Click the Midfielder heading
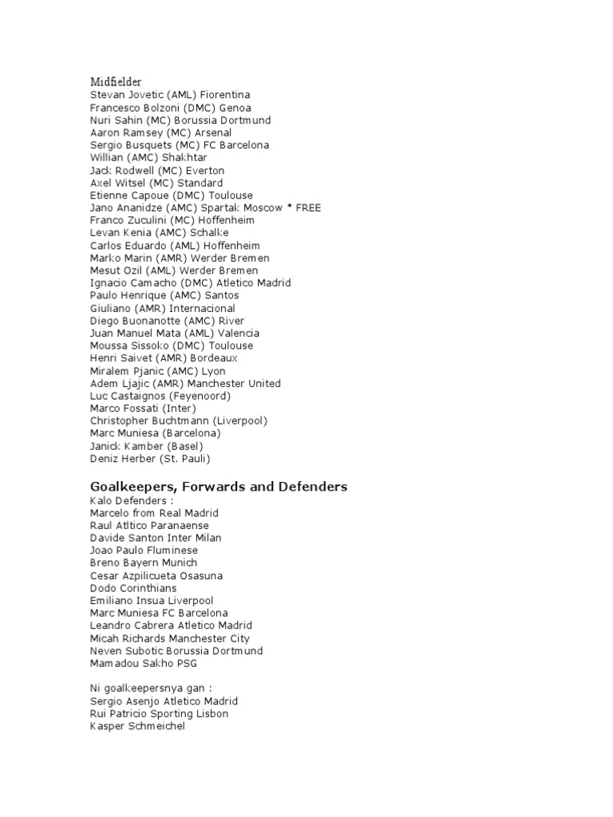pos(116,81)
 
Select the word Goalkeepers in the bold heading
pos(131,486)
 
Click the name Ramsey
pos(145,132)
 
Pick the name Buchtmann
pos(182,420)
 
